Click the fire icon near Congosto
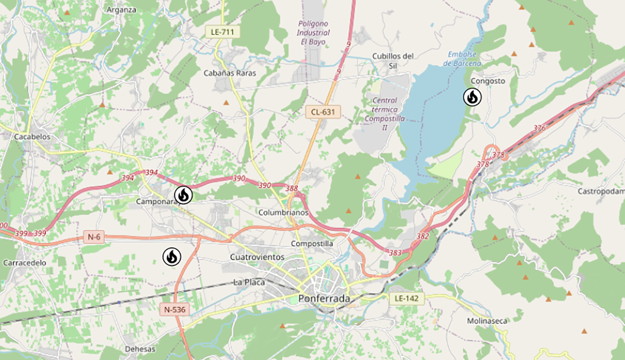point(472,97)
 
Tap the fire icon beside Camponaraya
point(183,195)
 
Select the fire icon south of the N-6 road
point(172,257)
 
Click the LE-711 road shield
point(222,32)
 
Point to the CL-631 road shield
point(323,112)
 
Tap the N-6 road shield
point(94,237)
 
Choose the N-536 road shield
point(175,309)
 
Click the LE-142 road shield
point(406,298)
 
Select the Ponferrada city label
point(324,298)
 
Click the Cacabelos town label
point(32,137)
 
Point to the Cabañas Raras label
point(230,73)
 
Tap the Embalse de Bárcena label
point(462,59)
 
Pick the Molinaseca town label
point(487,321)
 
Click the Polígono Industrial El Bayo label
point(313,32)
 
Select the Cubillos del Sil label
point(392,61)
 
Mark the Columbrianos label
point(283,212)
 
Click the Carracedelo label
point(25,263)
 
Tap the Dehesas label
point(140,349)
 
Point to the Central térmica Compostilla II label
point(384,114)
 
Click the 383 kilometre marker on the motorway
point(395,253)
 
